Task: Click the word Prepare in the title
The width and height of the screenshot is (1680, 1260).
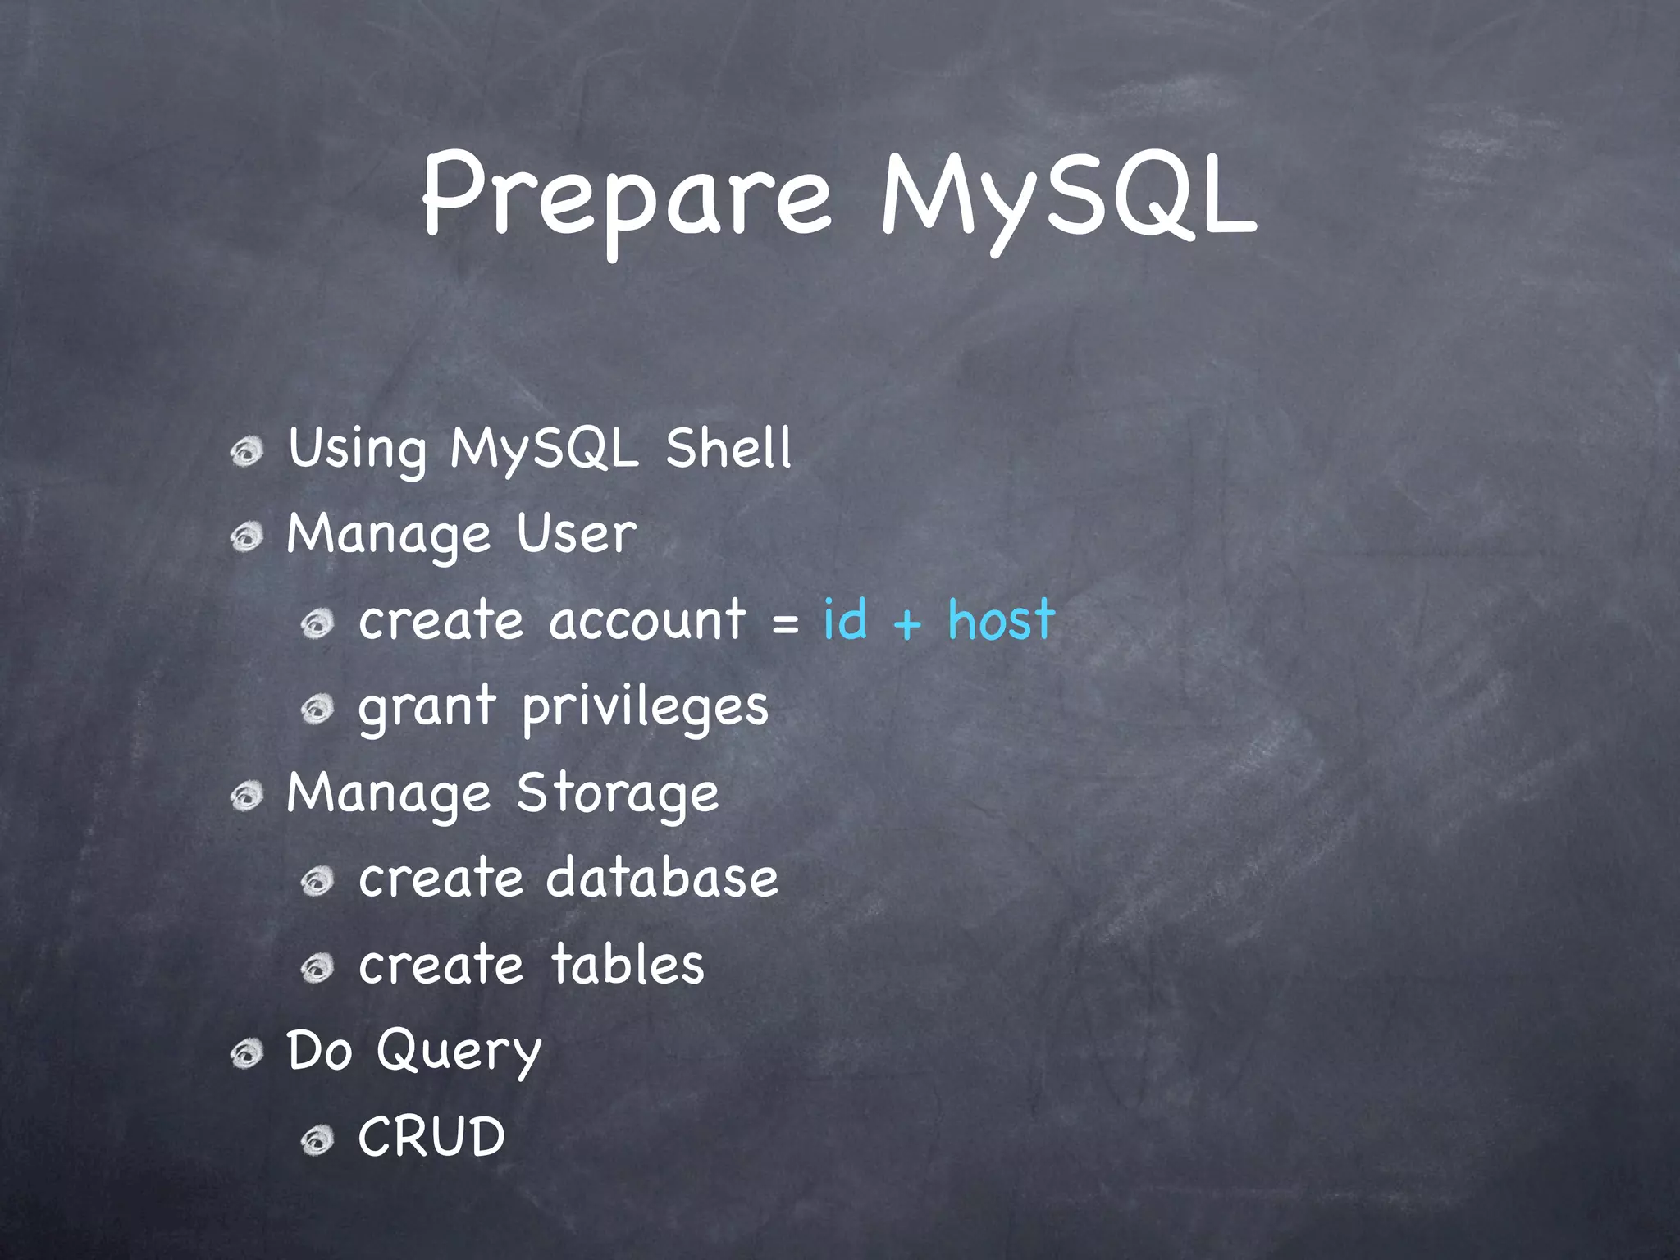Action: coord(628,197)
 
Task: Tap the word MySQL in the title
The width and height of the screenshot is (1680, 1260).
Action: coord(1066,197)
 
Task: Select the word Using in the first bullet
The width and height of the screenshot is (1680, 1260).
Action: coord(358,450)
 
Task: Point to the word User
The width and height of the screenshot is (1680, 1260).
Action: coord(576,534)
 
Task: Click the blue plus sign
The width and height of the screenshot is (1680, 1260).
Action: coord(907,624)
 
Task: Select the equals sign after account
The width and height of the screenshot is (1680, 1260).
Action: coord(785,624)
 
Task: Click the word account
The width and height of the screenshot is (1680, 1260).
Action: coord(648,621)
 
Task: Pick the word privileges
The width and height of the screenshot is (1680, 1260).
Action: coord(646,707)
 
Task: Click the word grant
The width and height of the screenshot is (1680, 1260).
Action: coord(427,707)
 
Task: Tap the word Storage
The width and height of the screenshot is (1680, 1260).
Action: coord(618,794)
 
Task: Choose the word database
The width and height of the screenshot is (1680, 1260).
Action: coord(662,878)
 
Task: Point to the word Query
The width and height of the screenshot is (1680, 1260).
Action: coord(459,1052)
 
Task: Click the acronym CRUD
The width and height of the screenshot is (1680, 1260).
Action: coord(431,1137)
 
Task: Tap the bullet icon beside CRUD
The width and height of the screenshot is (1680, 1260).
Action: coord(317,1140)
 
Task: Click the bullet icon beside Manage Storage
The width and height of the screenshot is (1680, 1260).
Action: coord(246,796)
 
